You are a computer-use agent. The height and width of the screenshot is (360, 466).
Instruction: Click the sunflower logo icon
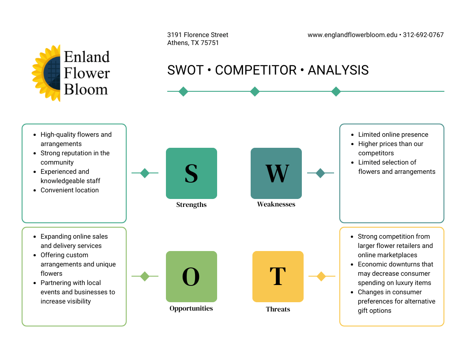[x=46, y=73]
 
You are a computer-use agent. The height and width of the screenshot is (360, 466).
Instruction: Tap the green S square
[x=192, y=173]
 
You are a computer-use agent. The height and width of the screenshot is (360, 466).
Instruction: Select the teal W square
[x=276, y=173]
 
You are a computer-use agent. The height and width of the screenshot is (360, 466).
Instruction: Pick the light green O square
[x=192, y=277]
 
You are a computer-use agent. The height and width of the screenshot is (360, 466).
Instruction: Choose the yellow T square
[x=278, y=277]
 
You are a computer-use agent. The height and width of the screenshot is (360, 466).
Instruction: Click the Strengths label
[x=192, y=205]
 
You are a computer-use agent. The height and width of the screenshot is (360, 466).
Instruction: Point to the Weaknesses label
[x=276, y=204]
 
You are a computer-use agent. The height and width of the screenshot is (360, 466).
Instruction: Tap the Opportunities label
[x=192, y=308]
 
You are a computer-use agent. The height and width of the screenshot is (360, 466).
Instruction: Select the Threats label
[x=278, y=309]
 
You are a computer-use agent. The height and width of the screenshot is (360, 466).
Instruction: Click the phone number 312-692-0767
[x=423, y=35]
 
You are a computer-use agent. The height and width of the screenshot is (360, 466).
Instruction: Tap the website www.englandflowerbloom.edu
[x=353, y=35]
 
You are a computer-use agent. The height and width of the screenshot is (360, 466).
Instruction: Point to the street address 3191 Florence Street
[x=198, y=35]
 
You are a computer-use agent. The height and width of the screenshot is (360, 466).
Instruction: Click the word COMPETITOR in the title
[x=256, y=70]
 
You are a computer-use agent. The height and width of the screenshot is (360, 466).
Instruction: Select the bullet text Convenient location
[x=70, y=190]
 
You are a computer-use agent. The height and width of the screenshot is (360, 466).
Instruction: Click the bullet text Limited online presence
[x=393, y=135]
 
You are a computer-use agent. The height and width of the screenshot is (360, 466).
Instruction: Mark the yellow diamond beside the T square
[x=321, y=277]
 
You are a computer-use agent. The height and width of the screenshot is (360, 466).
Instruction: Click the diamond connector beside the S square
[x=145, y=173]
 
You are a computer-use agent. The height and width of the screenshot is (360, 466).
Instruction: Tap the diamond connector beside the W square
[x=320, y=173]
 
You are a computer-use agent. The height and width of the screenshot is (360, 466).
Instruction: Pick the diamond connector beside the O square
[x=145, y=277]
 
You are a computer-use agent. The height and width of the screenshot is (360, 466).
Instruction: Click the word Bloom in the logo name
[x=86, y=90]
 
